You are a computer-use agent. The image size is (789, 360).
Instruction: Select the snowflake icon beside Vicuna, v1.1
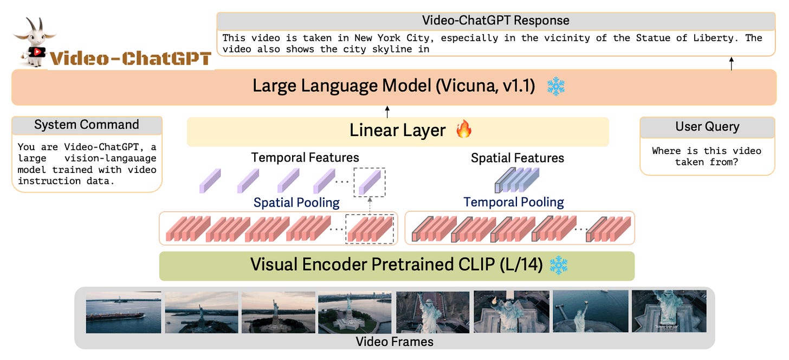point(555,86)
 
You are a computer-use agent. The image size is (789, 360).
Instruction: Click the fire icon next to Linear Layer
point(464,130)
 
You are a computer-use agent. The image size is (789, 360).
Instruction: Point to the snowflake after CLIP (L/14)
point(558,265)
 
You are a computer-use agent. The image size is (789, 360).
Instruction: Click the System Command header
point(87,125)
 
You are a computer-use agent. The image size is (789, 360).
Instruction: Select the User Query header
point(707,126)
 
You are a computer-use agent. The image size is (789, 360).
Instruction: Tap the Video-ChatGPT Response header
point(495,21)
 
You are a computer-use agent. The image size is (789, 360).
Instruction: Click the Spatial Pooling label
point(296,203)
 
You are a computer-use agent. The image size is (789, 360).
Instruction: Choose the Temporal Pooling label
point(514,202)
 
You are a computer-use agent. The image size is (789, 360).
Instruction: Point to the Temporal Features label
point(305,158)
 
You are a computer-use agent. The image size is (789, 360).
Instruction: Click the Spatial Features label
point(518,158)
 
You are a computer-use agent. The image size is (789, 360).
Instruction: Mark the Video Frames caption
point(394,342)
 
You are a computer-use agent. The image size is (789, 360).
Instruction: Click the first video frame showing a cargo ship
point(124,312)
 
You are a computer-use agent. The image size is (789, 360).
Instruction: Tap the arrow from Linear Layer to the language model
point(387,112)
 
